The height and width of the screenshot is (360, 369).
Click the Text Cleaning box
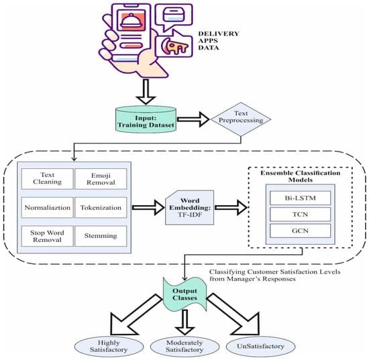click(x=48, y=179)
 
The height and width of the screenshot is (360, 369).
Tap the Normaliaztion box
click(x=48, y=207)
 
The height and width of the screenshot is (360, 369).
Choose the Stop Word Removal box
click(x=48, y=235)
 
